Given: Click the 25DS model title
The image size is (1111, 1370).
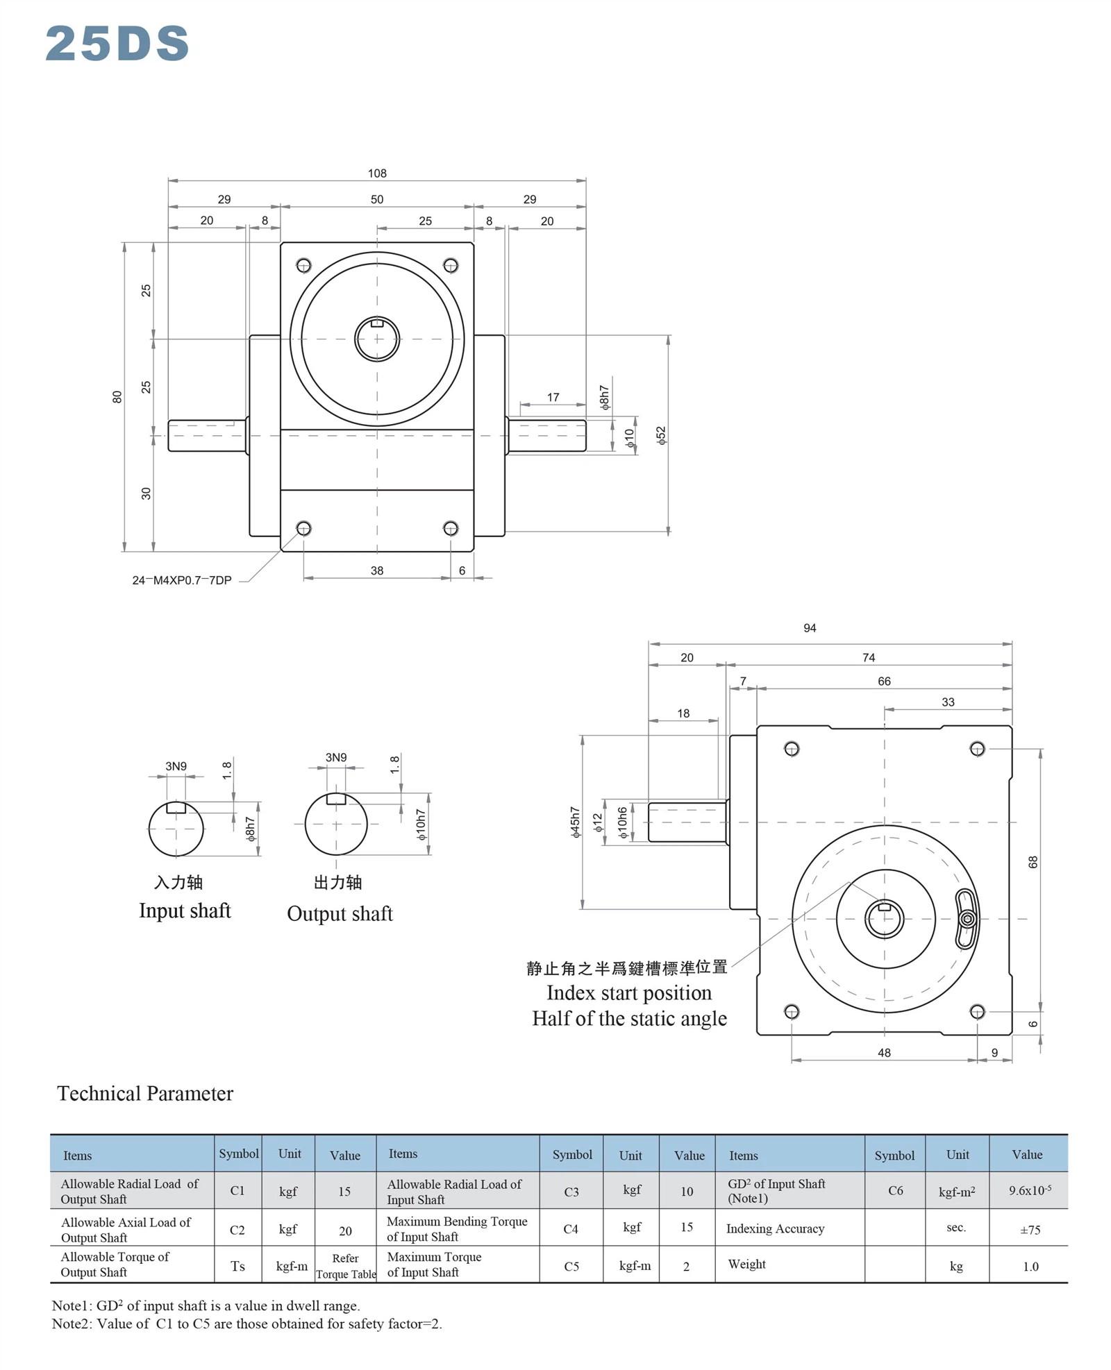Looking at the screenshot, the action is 117,43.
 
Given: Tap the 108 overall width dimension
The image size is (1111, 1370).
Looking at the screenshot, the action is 377,173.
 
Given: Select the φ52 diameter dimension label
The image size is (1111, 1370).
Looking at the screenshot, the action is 661,436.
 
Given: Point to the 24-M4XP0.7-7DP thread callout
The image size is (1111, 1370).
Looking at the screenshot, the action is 182,580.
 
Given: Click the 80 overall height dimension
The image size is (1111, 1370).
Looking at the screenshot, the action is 117,397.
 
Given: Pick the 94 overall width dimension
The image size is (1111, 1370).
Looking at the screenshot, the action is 810,628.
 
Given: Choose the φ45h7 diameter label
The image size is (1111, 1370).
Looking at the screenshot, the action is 575,822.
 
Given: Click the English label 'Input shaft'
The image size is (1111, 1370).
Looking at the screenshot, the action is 185,911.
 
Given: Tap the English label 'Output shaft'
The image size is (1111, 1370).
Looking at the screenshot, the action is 340,914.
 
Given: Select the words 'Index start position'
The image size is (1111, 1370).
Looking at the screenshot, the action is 629,992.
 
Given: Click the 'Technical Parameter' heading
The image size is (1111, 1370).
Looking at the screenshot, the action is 145,1094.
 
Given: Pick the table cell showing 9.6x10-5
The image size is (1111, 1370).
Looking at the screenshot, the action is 1030,1190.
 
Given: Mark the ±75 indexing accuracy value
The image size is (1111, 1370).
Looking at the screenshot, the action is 1030,1230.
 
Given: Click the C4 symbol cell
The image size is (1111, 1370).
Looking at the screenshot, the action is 571,1229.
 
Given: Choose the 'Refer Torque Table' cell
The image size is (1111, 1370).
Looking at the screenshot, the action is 346,1266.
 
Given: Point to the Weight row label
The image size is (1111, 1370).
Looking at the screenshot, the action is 746,1264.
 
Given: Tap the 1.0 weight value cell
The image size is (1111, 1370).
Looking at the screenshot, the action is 1030,1267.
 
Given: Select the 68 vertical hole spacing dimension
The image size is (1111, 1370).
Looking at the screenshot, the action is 1033,862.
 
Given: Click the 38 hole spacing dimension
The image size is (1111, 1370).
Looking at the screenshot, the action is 377,570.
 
